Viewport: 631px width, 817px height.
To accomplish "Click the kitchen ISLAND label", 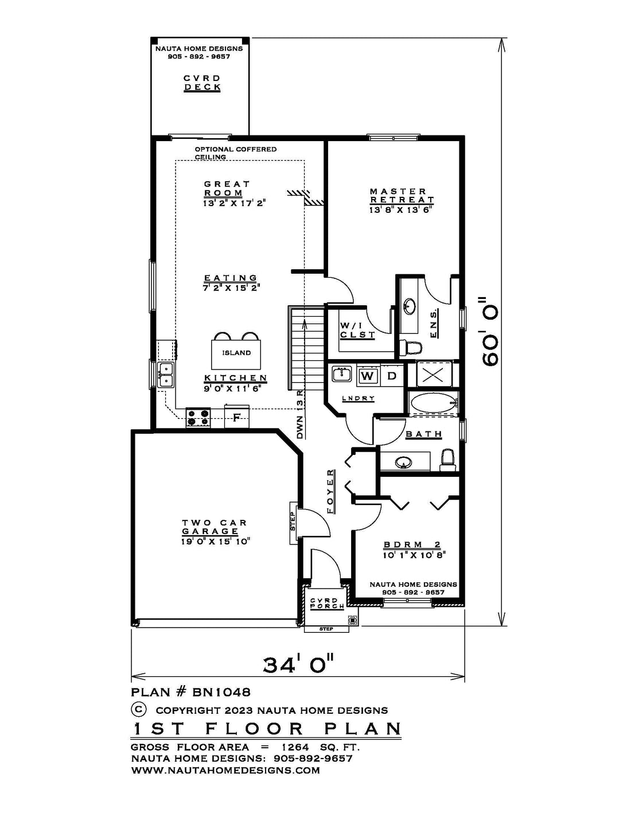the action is point(236,353).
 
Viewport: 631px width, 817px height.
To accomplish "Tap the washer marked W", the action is point(368,375).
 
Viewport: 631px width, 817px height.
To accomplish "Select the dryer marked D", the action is point(392,375).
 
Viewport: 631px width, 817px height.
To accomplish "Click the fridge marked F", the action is point(236,417).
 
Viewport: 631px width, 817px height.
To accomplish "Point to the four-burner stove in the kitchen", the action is point(198,418).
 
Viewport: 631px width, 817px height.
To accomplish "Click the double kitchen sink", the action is point(166,375).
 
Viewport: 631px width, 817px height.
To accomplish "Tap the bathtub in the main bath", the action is point(433,404).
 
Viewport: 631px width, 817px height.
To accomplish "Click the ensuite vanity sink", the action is point(409,306).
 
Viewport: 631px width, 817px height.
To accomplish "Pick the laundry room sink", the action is point(342,375).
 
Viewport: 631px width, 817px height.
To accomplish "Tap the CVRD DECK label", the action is point(202,83).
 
